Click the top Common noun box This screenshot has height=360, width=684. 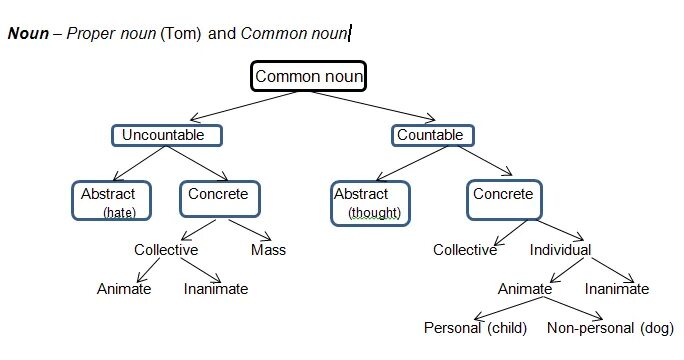309,76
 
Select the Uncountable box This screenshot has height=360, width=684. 165,135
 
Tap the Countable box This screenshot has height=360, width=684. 430,135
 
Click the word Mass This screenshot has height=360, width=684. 268,250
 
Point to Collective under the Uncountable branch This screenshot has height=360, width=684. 166,250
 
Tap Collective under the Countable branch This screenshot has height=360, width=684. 464,250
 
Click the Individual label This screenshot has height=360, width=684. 560,250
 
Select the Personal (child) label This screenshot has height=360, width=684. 475,327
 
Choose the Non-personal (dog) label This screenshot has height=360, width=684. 610,327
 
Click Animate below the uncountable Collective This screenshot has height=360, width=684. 124,289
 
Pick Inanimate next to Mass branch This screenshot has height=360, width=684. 216,289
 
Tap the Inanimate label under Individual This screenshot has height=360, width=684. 617,289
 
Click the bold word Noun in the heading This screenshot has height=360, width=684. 28,33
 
